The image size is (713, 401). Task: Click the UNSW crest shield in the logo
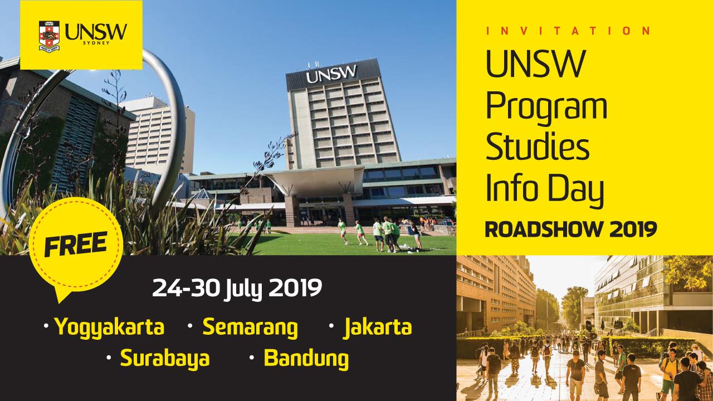click(x=49, y=36)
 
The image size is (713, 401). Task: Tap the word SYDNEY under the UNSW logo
click(x=96, y=43)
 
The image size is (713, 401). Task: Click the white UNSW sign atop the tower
click(x=331, y=74)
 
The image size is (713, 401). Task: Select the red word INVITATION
click(x=568, y=31)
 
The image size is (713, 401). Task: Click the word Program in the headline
click(x=546, y=108)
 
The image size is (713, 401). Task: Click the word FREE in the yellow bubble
click(x=76, y=244)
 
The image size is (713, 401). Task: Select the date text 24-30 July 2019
click(x=237, y=288)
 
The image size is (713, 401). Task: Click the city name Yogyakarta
click(x=109, y=327)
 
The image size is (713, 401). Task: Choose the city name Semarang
click(x=250, y=327)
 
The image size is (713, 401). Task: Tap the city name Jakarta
click(x=378, y=327)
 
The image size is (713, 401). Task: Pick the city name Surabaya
click(x=165, y=358)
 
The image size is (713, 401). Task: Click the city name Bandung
click(x=306, y=359)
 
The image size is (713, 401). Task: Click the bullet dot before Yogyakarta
click(x=46, y=326)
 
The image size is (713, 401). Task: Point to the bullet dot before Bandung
click(x=251, y=358)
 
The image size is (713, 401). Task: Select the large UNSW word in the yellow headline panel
click(x=536, y=64)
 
